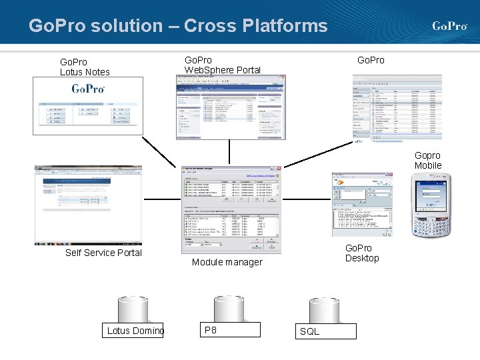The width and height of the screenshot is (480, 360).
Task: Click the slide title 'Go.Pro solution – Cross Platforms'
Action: pos(178,26)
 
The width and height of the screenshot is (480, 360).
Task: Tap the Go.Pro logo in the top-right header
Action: pos(449,26)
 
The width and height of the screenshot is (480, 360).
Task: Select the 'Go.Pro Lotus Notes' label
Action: pos(85,67)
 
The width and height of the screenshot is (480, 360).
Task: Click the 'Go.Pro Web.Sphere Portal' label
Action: pos(222,65)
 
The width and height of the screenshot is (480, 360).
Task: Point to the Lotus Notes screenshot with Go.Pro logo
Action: pos(88,105)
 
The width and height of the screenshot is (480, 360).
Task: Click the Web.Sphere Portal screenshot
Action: pos(230,107)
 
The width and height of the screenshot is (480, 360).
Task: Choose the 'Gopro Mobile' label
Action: pos(428,160)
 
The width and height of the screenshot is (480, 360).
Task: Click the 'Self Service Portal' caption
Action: pos(103,253)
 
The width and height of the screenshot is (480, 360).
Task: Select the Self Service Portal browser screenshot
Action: pos(89,205)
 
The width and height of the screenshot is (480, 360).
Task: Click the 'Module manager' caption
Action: pos(227,262)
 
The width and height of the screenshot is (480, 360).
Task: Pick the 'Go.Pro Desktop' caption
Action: pos(361,253)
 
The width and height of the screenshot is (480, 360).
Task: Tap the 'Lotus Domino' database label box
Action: pos(135,330)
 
